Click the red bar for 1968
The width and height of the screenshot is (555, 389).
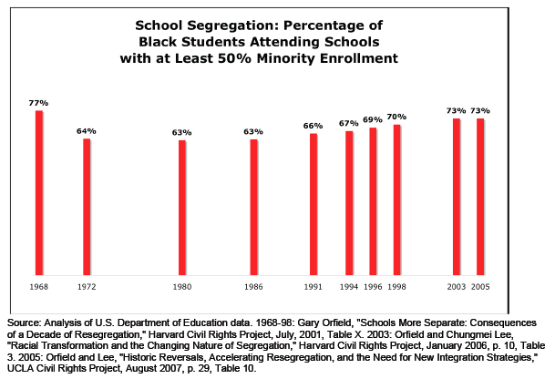click(x=39, y=192)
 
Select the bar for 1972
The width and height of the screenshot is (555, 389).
click(x=87, y=206)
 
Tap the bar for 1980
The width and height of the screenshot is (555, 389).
click(x=182, y=207)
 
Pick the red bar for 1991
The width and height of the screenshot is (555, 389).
click(x=313, y=204)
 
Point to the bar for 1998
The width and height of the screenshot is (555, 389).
click(x=397, y=200)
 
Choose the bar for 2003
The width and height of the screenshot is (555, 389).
click(x=457, y=196)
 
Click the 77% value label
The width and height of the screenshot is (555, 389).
click(x=38, y=103)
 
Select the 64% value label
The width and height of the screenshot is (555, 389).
click(x=87, y=131)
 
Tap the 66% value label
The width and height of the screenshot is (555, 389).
click(x=313, y=126)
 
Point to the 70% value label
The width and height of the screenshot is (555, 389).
click(x=396, y=117)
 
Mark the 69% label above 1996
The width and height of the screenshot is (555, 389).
click(x=373, y=120)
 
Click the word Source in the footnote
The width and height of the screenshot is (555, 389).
click(x=25, y=323)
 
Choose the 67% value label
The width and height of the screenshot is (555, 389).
click(x=349, y=123)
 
